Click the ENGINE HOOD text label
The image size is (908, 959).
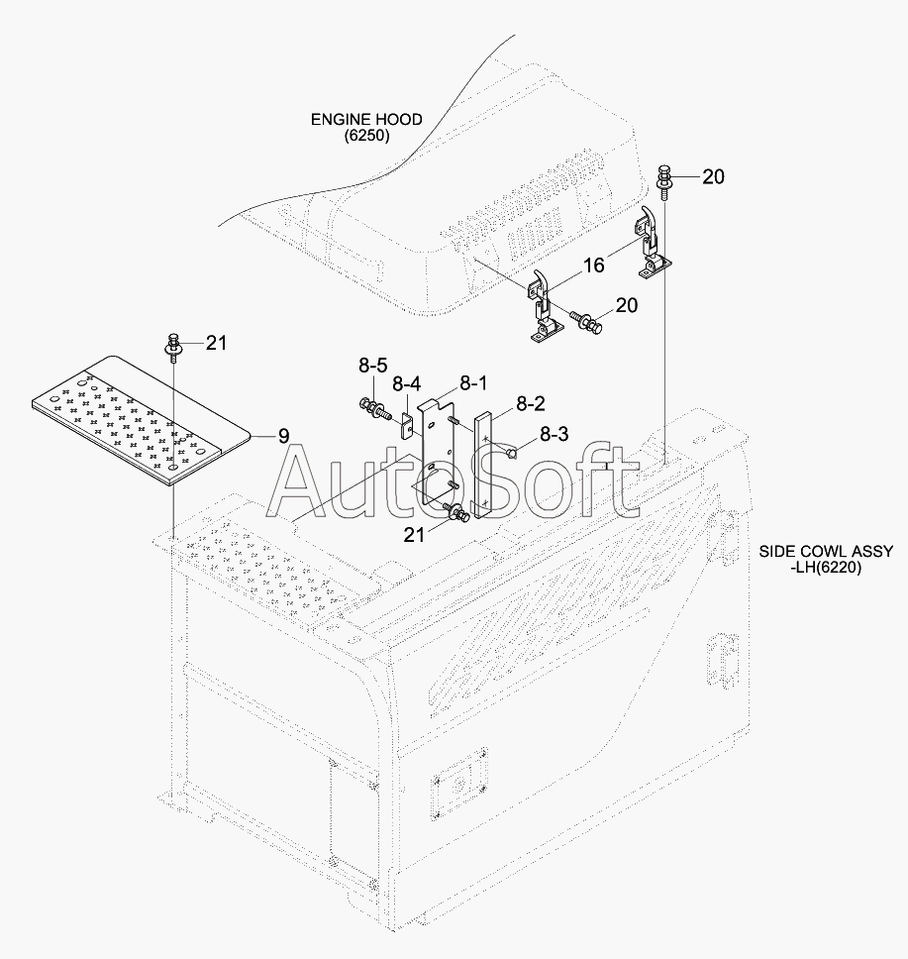click(366, 119)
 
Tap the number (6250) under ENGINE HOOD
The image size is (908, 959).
click(366, 136)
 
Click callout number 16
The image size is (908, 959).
click(593, 266)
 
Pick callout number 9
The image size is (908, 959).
click(283, 434)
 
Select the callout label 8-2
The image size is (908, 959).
click(530, 403)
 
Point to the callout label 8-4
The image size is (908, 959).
click(406, 383)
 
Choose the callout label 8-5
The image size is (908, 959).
click(372, 367)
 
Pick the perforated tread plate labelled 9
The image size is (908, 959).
click(139, 416)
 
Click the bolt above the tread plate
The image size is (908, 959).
click(173, 347)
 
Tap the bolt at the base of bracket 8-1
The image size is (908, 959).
click(457, 512)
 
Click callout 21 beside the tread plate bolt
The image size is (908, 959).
click(217, 344)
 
